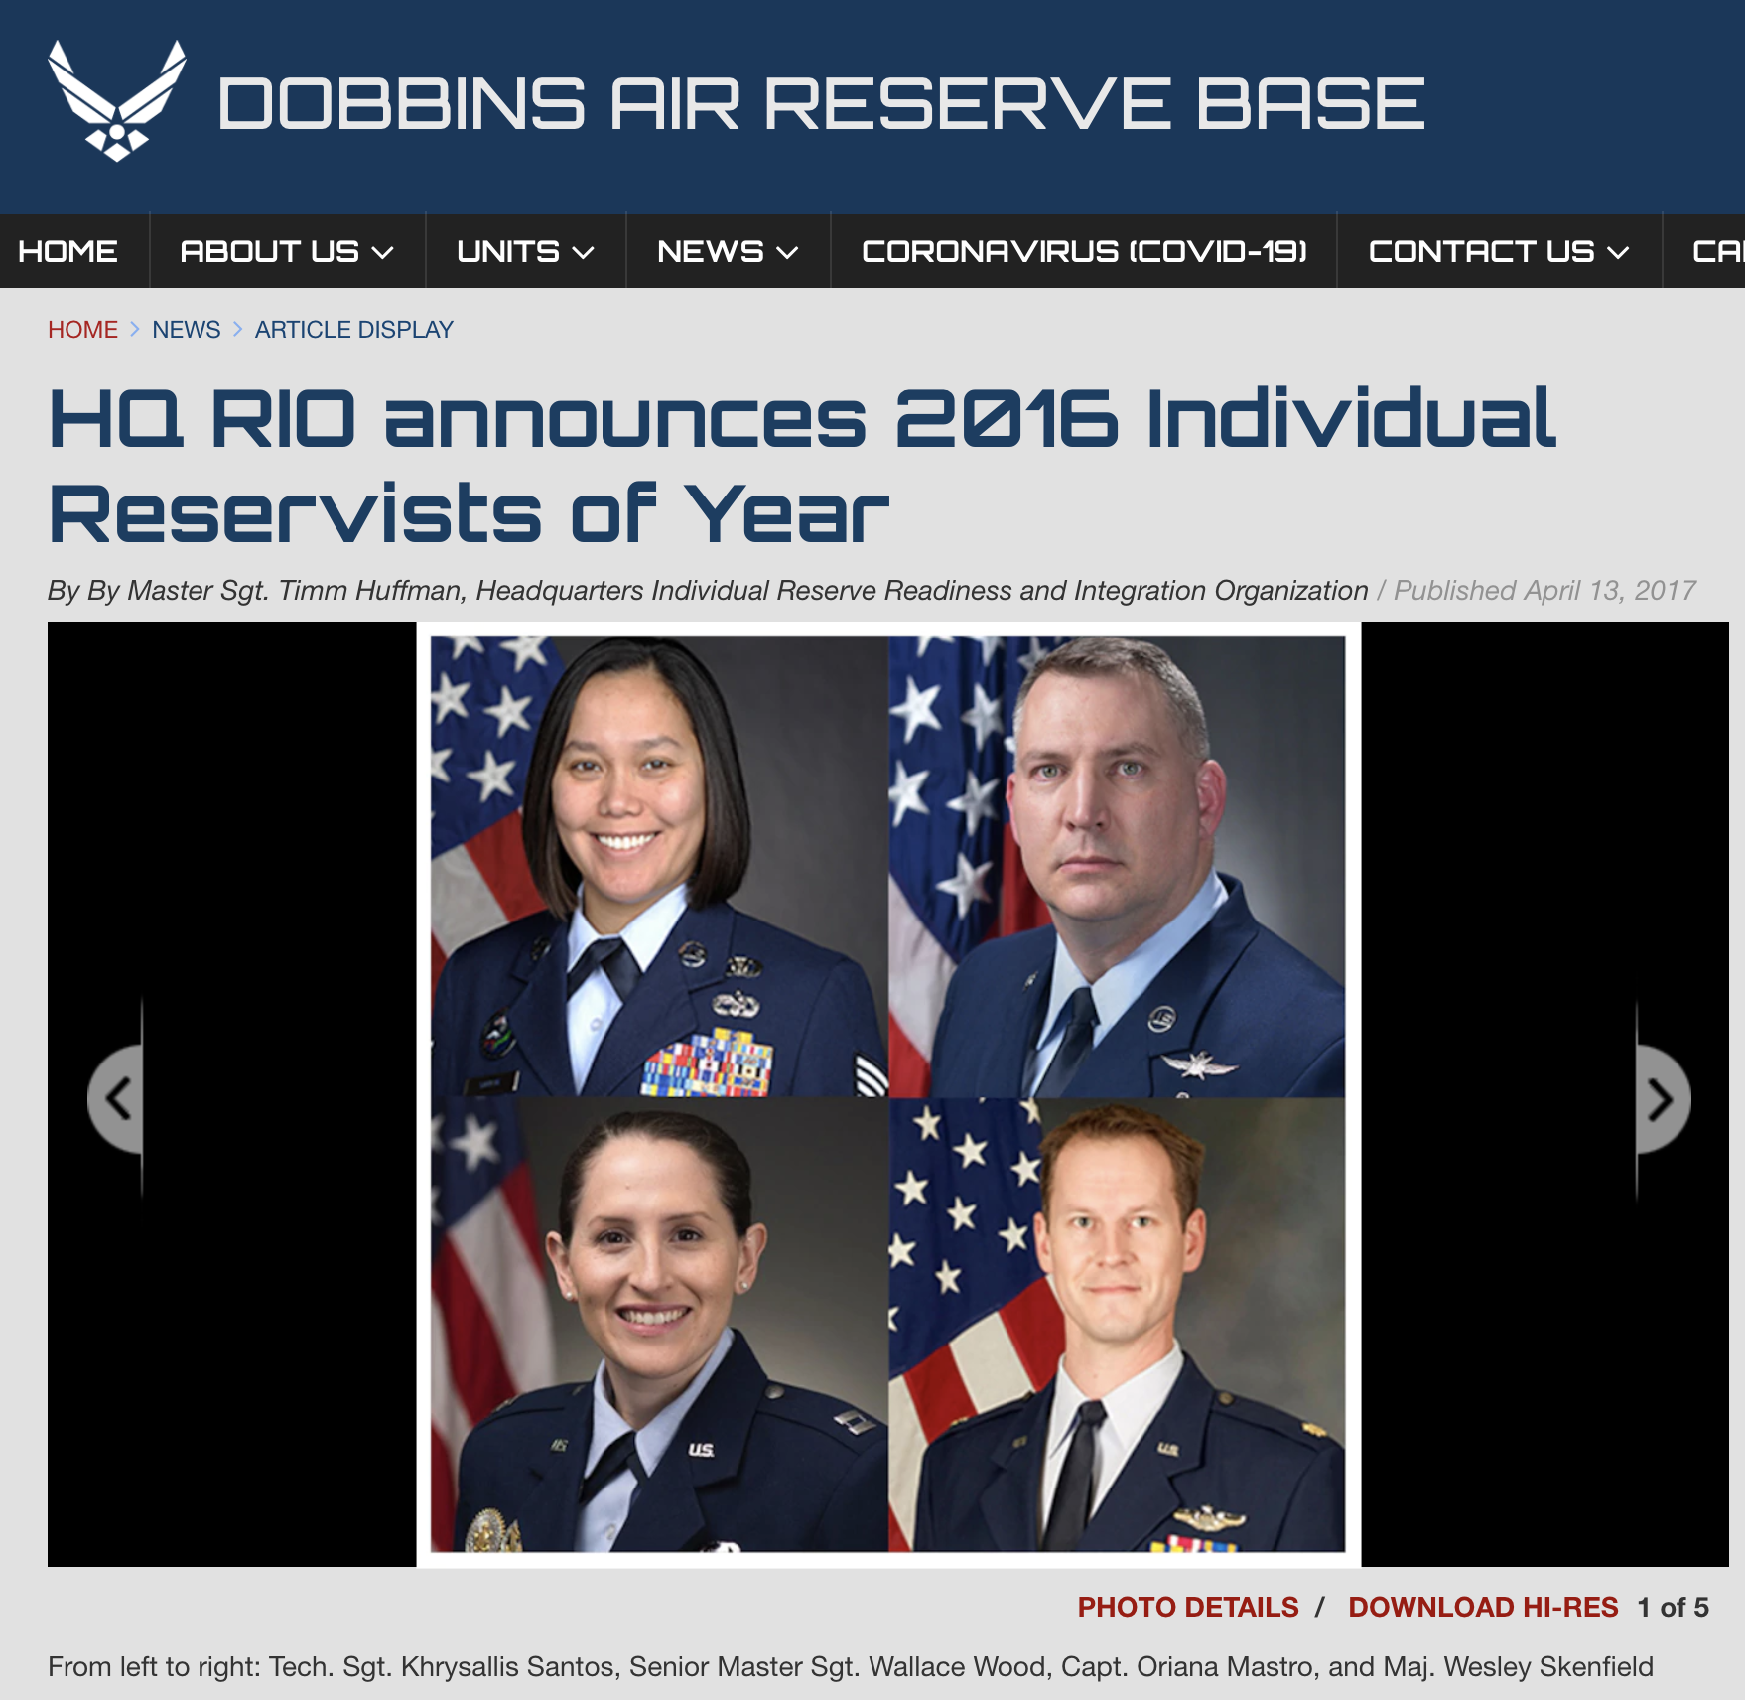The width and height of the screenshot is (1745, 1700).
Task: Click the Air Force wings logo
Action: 117,100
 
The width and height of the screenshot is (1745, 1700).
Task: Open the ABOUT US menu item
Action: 287,252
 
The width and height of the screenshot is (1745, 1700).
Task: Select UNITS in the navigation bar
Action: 525,252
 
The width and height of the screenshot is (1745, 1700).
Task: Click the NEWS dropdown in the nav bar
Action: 728,252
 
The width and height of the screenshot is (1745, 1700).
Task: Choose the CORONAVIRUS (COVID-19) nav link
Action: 1084,252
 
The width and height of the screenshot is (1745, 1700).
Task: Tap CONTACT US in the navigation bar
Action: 1499,252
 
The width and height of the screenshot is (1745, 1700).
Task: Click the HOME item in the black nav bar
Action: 67,252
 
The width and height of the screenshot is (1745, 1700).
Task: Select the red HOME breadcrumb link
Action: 82,330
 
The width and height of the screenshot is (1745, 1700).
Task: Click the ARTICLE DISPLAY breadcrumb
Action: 354,330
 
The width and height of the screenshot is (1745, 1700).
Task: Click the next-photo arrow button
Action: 1662,1099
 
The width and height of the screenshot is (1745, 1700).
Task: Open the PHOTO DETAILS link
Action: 1188,1607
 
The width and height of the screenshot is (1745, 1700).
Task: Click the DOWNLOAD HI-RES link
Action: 1483,1607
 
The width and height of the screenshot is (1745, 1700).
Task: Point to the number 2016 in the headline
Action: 1007,418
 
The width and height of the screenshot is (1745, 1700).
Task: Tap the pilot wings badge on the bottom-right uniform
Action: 1208,1518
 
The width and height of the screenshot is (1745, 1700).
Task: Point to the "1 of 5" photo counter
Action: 1673,1607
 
